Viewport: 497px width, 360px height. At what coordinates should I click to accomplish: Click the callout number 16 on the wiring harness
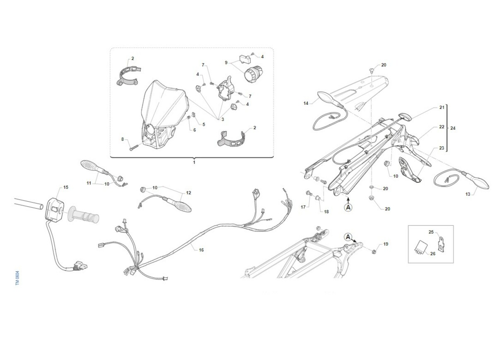click(x=201, y=250)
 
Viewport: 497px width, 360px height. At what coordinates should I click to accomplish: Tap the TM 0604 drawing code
click(x=17, y=278)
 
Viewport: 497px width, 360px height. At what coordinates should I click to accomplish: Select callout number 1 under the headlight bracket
click(x=194, y=162)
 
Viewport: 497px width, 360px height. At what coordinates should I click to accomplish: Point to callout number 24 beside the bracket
click(x=453, y=128)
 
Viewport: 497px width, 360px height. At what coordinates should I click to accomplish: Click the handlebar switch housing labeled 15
click(x=55, y=209)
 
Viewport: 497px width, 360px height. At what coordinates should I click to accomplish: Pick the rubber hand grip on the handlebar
click(x=84, y=215)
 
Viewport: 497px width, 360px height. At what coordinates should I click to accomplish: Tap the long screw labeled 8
click(x=134, y=147)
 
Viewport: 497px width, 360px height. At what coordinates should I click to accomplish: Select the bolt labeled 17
click(x=308, y=193)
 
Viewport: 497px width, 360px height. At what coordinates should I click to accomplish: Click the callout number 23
click(x=442, y=148)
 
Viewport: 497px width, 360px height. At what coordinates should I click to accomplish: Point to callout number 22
click(x=442, y=127)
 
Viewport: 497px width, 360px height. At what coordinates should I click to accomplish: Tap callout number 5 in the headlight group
click(x=204, y=124)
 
